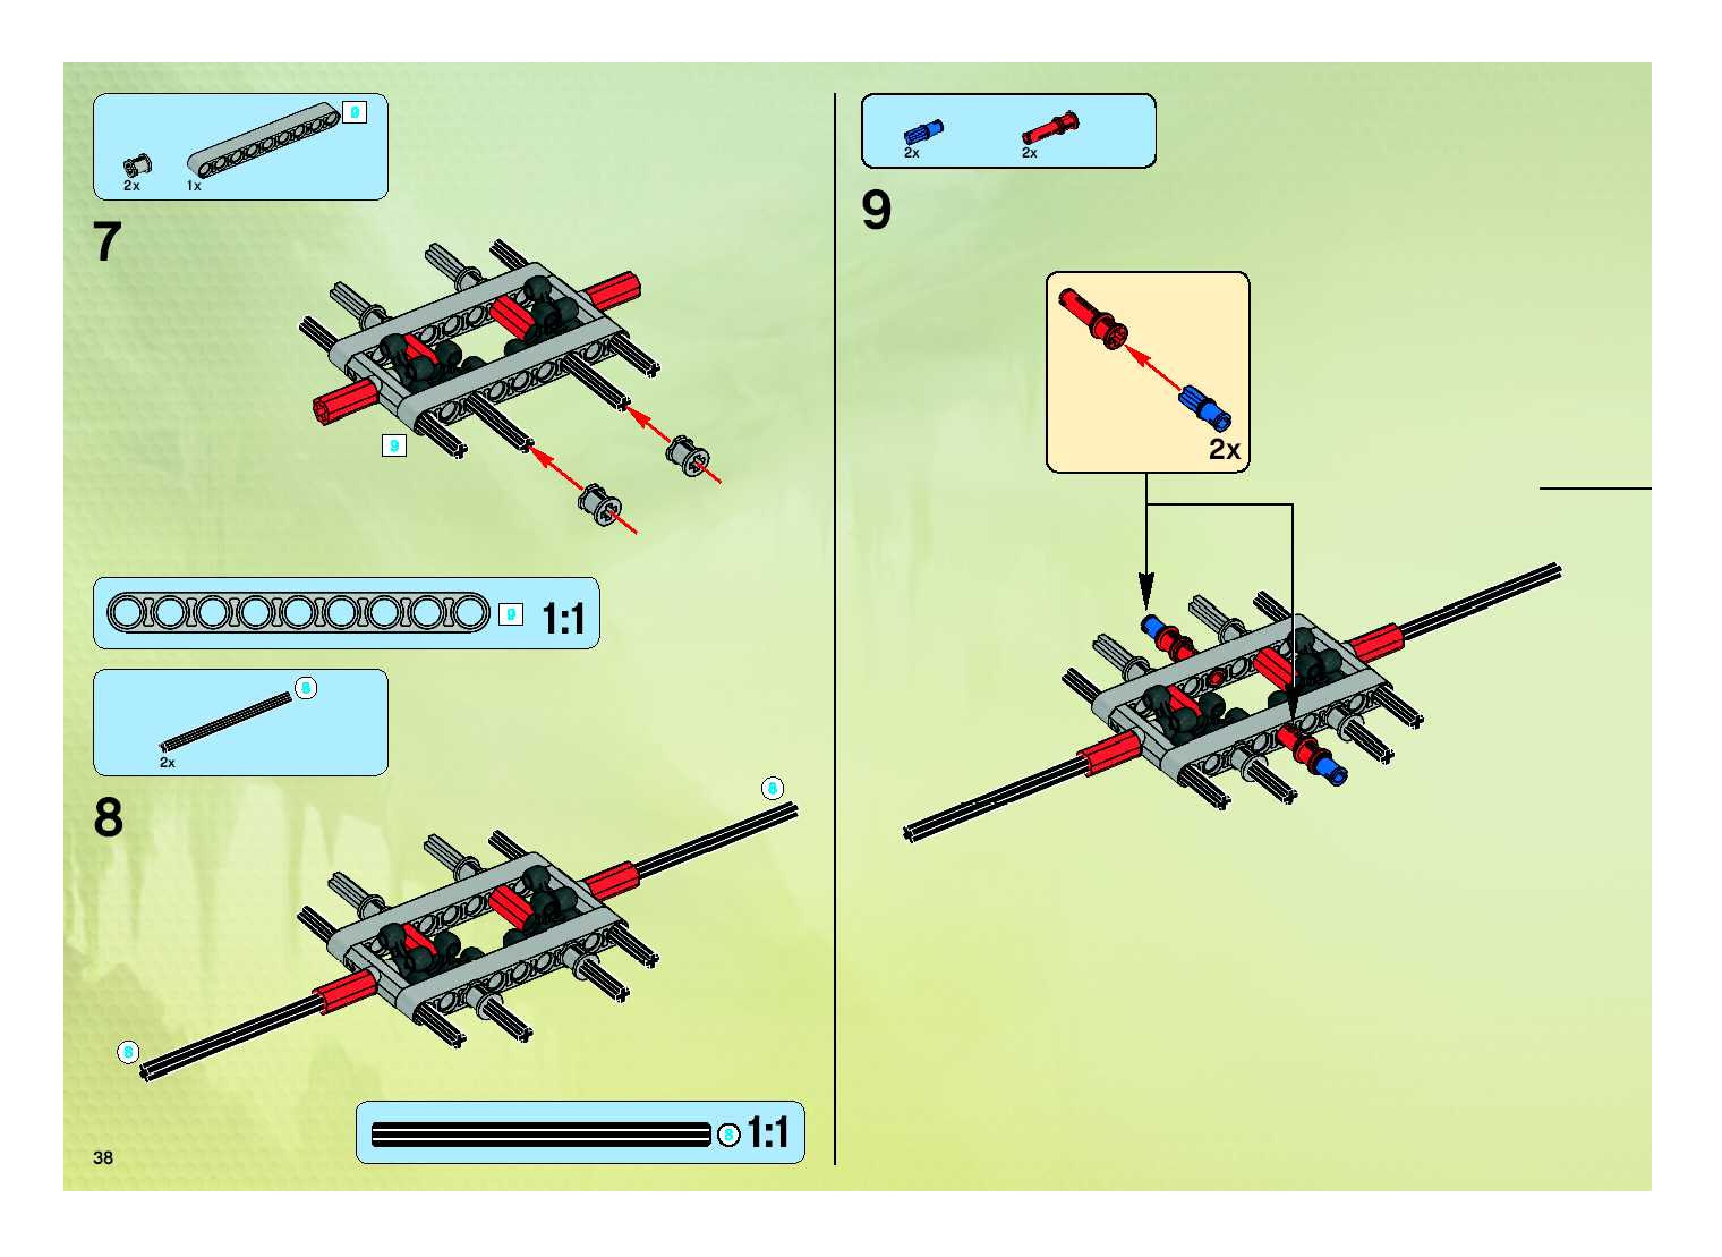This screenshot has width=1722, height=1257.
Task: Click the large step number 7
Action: pyautogui.click(x=107, y=242)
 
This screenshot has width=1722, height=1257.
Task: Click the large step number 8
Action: pyautogui.click(x=108, y=818)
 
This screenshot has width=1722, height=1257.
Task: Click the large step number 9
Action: pyautogui.click(x=876, y=211)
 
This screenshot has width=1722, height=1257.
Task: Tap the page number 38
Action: pyautogui.click(x=103, y=1157)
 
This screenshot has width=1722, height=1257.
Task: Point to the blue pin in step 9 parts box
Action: pyautogui.click(x=924, y=133)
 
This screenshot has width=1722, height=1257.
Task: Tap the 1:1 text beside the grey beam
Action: pyautogui.click(x=563, y=618)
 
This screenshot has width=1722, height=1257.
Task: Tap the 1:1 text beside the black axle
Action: pyautogui.click(x=768, y=1133)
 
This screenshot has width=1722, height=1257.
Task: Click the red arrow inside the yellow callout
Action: pyautogui.click(x=1152, y=367)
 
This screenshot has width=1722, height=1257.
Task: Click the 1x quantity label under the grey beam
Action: pyautogui.click(x=194, y=186)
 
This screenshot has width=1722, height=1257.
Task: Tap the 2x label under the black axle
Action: pyautogui.click(x=167, y=762)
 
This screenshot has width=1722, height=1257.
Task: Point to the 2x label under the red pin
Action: pyautogui.click(x=1029, y=153)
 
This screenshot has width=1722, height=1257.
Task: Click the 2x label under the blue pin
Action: pyautogui.click(x=911, y=153)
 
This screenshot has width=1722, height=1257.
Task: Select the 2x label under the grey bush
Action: pyautogui.click(x=131, y=186)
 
